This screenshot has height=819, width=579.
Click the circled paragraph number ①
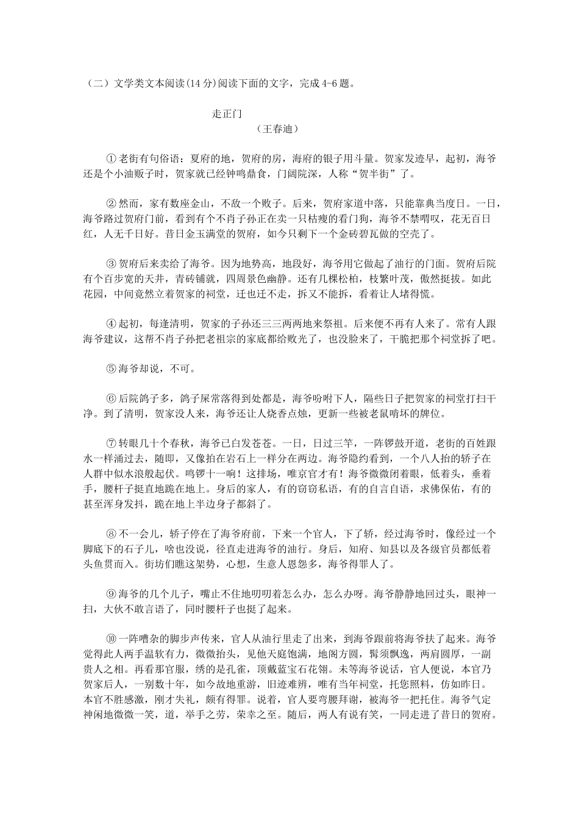point(111,159)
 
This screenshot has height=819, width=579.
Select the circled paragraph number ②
point(111,204)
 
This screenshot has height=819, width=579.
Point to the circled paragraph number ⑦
point(111,443)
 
